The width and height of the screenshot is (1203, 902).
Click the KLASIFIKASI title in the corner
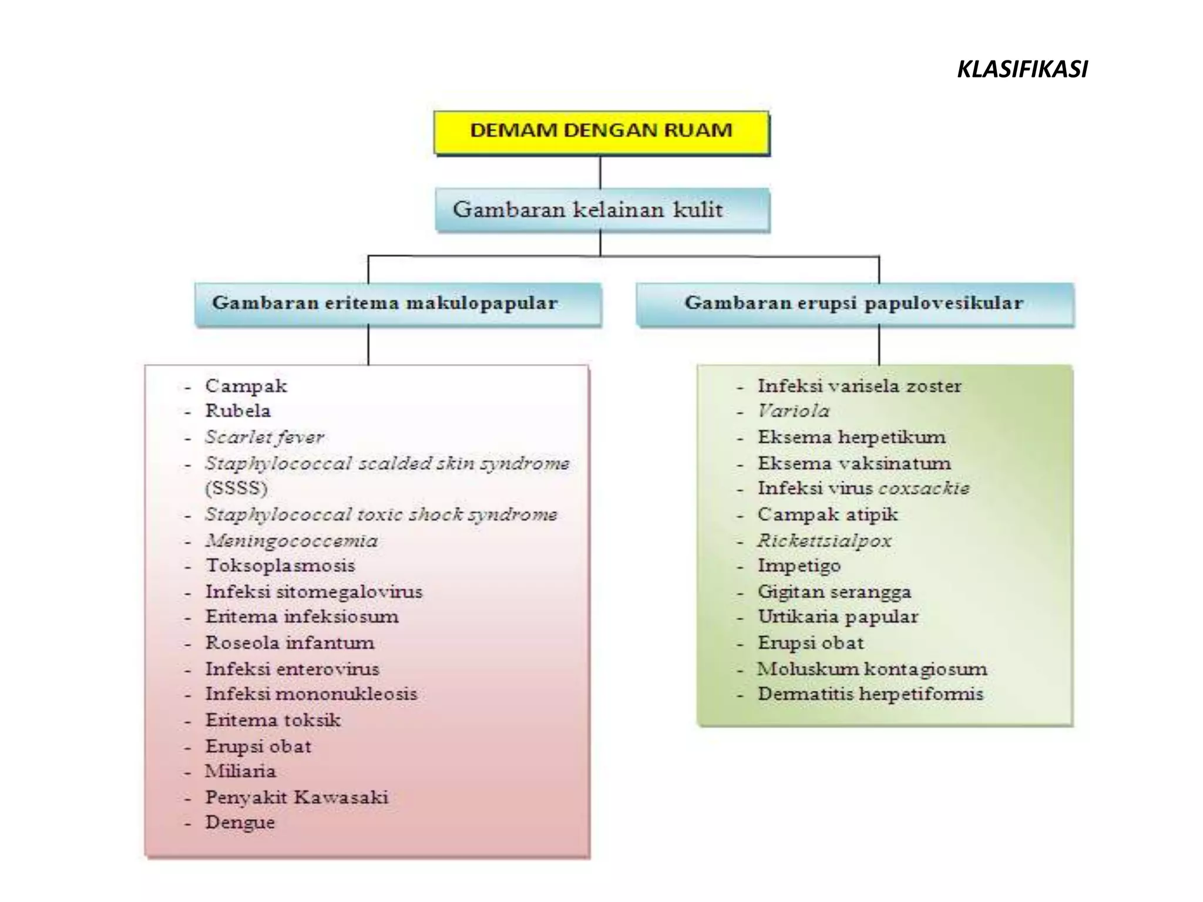[1022, 69]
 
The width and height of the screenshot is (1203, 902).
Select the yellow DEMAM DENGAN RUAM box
[601, 131]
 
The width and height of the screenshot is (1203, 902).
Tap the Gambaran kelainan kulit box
[601, 210]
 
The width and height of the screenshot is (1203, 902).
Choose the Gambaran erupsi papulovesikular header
[854, 303]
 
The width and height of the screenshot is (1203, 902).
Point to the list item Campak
[246, 386]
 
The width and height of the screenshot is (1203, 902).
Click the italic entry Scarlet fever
[264, 437]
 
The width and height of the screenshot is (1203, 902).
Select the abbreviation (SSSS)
[236, 488]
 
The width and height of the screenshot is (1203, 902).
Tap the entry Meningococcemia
[291, 540]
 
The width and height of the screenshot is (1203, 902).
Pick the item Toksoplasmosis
[280, 566]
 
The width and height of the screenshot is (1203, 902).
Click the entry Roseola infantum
[290, 642]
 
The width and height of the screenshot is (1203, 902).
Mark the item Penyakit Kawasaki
[297, 797]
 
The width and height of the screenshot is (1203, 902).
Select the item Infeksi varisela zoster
[859, 386]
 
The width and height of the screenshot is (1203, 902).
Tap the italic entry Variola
[794, 411]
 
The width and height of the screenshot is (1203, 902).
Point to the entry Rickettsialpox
[824, 540]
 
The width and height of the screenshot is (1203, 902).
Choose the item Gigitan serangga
[834, 591]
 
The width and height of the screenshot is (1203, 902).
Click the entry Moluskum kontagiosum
[872, 669]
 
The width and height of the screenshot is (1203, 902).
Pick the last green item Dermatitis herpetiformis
[870, 694]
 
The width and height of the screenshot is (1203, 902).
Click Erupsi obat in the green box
[811, 643]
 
